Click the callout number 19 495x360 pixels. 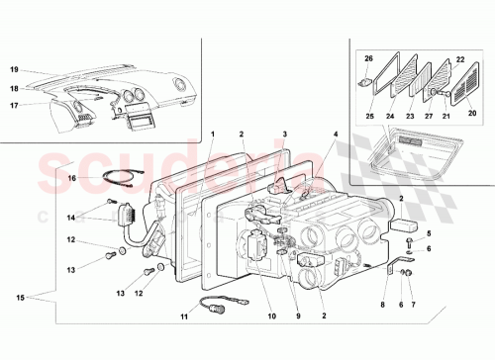tap(15, 70)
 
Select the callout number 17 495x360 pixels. tap(15, 105)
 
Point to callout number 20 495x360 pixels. tap(472, 116)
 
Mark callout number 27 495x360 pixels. tap(428, 116)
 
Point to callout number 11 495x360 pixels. tap(182, 317)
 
